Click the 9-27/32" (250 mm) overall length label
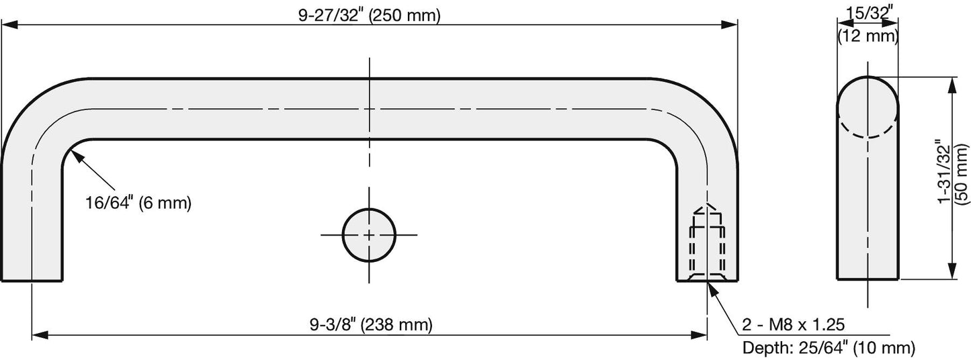tap(370, 15)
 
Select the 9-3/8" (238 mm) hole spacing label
tap(371, 324)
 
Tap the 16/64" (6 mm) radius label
tap(138, 203)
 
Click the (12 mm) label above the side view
tap(868, 36)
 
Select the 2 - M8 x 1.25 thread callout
tap(794, 324)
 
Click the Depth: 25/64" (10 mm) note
tap(829, 347)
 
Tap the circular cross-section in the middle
tap(369, 235)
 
